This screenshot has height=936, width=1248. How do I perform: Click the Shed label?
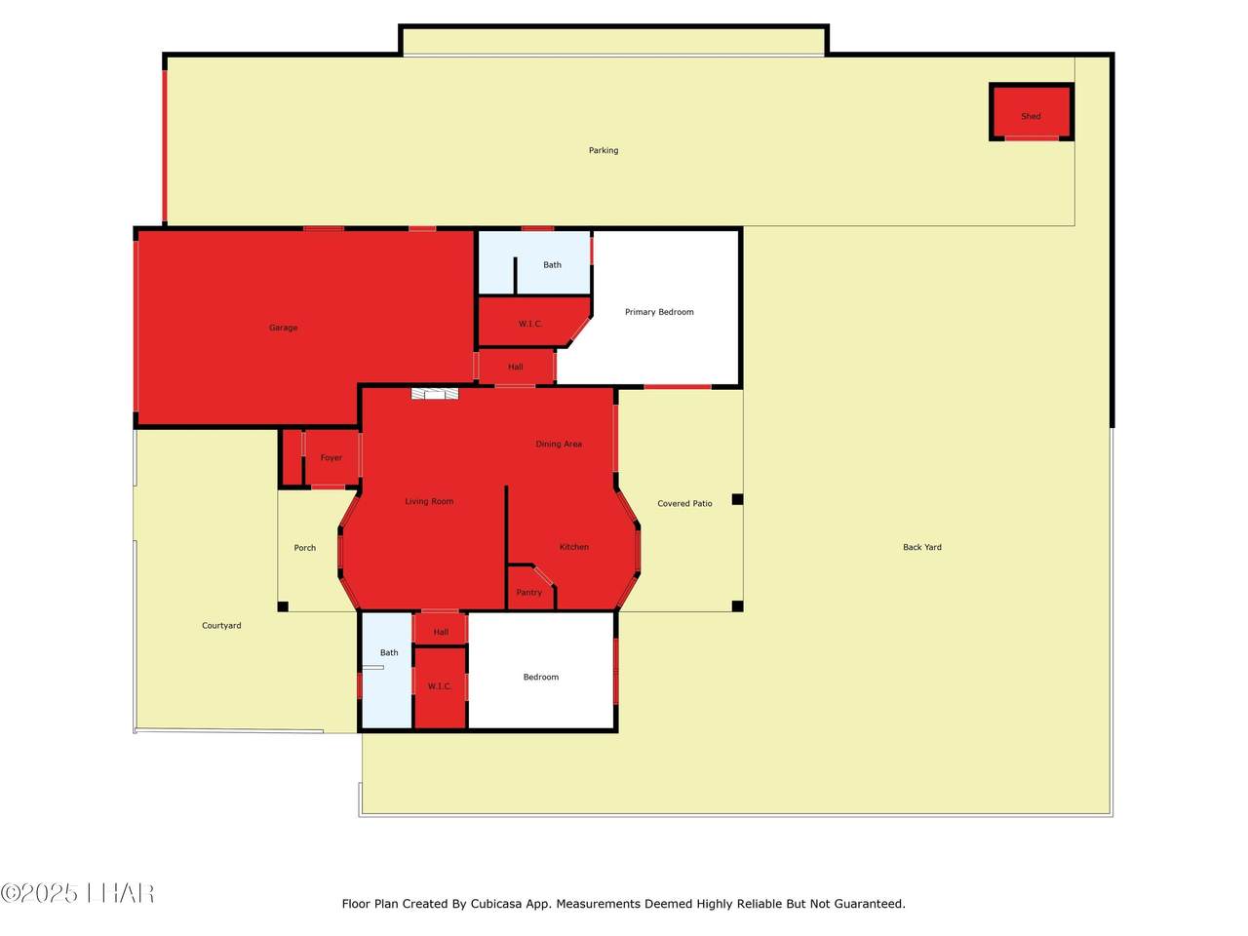coord(1031,116)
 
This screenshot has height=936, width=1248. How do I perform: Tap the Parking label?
coord(604,150)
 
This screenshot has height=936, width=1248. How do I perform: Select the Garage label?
coord(283,328)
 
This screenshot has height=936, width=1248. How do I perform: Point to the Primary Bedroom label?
coord(659,311)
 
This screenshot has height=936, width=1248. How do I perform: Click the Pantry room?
coord(529,589)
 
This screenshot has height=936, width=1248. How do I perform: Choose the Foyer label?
coord(331,457)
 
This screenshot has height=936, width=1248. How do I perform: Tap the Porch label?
coord(305,547)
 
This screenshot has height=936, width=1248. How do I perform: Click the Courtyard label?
coord(221,625)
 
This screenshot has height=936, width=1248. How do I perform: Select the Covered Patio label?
coord(684,503)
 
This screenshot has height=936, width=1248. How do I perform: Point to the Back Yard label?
coord(922,547)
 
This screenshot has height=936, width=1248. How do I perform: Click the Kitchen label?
coord(573,547)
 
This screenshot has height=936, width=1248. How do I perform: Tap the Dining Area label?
coord(559,444)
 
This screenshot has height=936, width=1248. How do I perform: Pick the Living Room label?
coord(429,501)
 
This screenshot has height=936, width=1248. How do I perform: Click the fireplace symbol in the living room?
coord(435,393)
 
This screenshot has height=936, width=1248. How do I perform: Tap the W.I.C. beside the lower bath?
coord(439,686)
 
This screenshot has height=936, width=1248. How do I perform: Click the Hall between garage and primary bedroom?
coord(515,367)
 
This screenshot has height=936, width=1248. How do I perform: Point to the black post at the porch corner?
coord(283,606)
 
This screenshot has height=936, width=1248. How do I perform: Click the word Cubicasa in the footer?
coord(496,904)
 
